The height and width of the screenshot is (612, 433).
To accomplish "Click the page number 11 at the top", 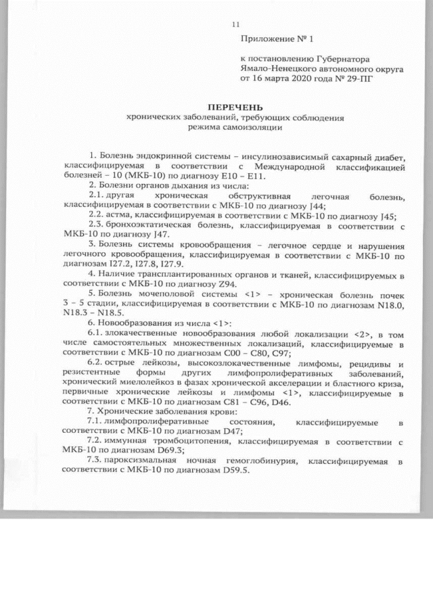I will click(x=235, y=25).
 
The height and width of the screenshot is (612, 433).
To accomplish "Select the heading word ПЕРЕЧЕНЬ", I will click(x=235, y=108).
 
